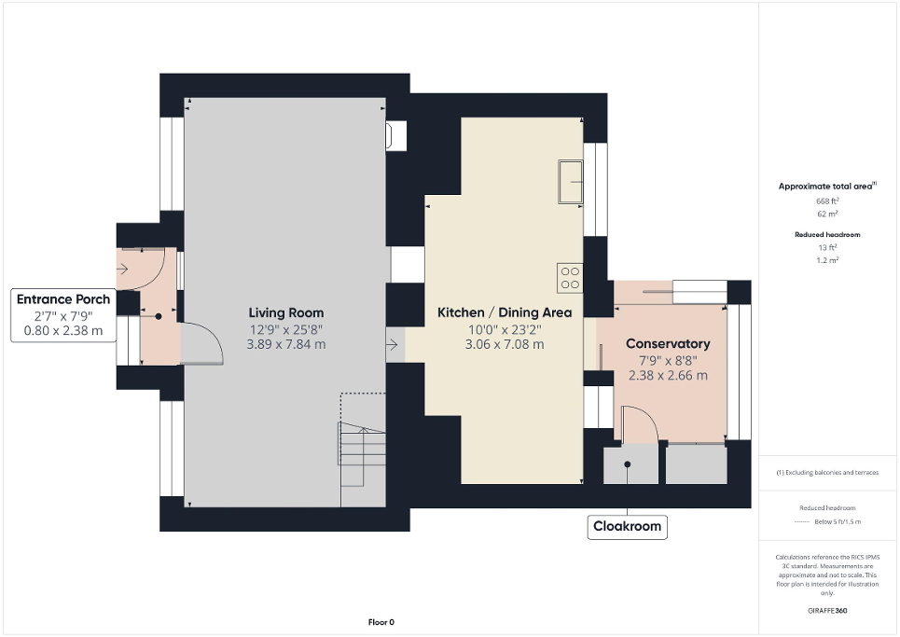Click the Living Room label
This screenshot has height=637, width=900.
click(x=285, y=312)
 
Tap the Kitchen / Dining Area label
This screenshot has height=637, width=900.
click(x=505, y=312)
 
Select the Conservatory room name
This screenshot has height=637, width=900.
click(x=668, y=344)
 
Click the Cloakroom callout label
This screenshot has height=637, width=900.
click(x=627, y=526)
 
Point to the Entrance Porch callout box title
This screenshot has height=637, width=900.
click(x=63, y=299)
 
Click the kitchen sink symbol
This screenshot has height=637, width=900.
click(x=569, y=181)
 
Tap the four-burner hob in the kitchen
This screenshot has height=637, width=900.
click(x=569, y=278)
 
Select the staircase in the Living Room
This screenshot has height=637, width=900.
click(x=362, y=455)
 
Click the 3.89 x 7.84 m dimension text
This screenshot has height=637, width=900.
click(x=285, y=344)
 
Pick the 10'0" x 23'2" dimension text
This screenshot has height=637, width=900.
click(x=505, y=328)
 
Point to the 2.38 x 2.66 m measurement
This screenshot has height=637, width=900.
click(x=668, y=376)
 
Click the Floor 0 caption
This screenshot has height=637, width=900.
click(x=381, y=622)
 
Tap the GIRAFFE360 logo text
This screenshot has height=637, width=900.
click(x=828, y=611)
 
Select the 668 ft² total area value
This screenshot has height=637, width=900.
click(x=827, y=201)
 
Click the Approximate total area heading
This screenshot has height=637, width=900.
click(x=826, y=187)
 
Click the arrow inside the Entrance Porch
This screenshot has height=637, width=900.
click(x=123, y=270)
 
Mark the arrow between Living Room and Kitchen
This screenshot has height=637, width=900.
click(x=393, y=345)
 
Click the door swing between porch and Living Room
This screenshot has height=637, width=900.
click(x=201, y=343)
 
